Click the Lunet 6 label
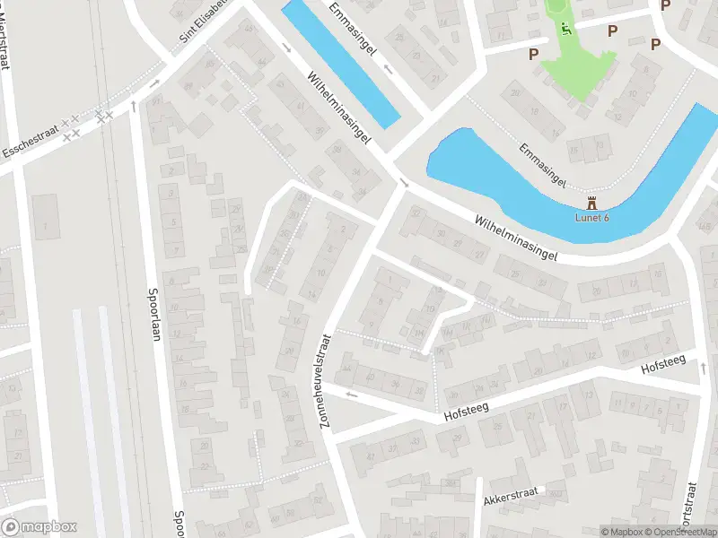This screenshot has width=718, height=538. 591,219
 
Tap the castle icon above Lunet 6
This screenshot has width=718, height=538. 591,204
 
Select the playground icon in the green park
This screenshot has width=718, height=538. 565,28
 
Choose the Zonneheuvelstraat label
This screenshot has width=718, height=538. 325,380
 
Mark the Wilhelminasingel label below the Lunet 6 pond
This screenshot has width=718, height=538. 516,238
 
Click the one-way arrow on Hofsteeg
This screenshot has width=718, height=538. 351,394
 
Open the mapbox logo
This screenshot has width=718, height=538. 39,527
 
